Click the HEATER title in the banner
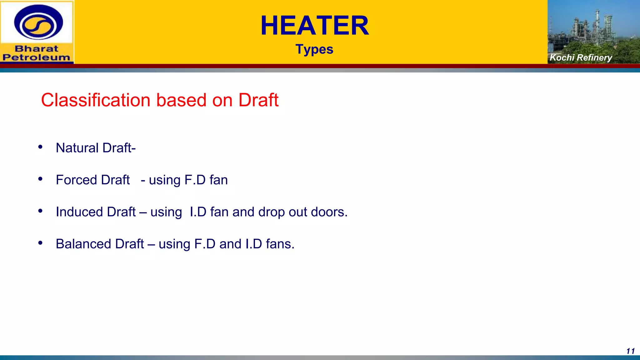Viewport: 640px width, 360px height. (x=315, y=26)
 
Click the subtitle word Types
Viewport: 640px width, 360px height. (x=314, y=49)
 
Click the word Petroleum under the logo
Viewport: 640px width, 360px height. (x=37, y=57)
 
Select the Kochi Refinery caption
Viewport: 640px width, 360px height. (x=580, y=57)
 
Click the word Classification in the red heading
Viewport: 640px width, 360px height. (x=96, y=100)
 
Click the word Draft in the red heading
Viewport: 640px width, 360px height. (x=258, y=100)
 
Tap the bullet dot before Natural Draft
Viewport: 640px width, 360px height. (x=40, y=147)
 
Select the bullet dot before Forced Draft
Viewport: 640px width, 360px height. (x=40, y=179)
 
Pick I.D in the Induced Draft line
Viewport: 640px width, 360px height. (x=198, y=212)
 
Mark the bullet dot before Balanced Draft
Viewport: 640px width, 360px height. (x=40, y=243)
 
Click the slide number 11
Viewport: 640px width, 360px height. (x=630, y=351)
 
